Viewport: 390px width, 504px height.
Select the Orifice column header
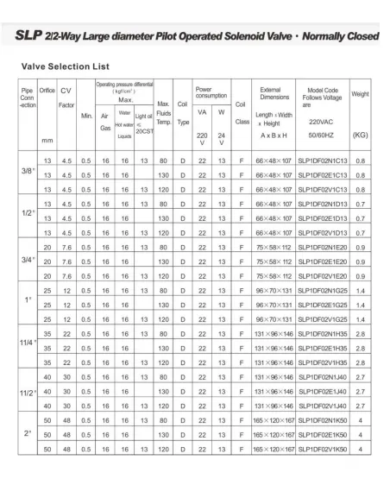coord(47,90)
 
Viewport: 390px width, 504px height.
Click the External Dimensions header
coord(270,92)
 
